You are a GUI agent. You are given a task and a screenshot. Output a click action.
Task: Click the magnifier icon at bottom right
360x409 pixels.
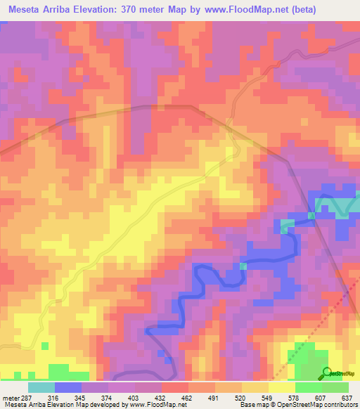327,372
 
